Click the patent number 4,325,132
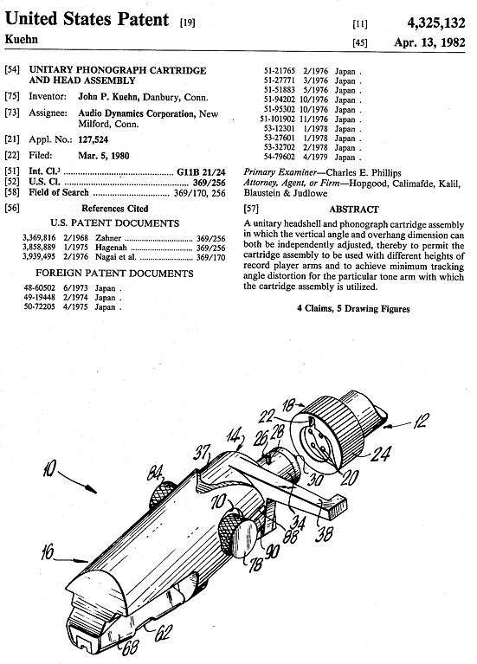point(436,23)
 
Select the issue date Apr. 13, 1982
point(429,42)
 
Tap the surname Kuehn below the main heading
point(21,39)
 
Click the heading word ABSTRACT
point(354,210)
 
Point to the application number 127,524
point(93,139)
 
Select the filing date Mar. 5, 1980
point(103,156)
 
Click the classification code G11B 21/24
point(201,172)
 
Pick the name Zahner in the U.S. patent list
point(108,238)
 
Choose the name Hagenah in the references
point(111,248)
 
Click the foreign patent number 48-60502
point(40,288)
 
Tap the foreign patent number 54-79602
point(279,157)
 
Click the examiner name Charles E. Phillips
point(363,173)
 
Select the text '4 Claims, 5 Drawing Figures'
point(353,308)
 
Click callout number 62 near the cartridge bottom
point(163,632)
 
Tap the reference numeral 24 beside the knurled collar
point(381,454)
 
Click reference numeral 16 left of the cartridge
point(48,551)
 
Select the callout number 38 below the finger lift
point(324,534)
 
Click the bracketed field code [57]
point(251,209)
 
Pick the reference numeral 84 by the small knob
point(154,473)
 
